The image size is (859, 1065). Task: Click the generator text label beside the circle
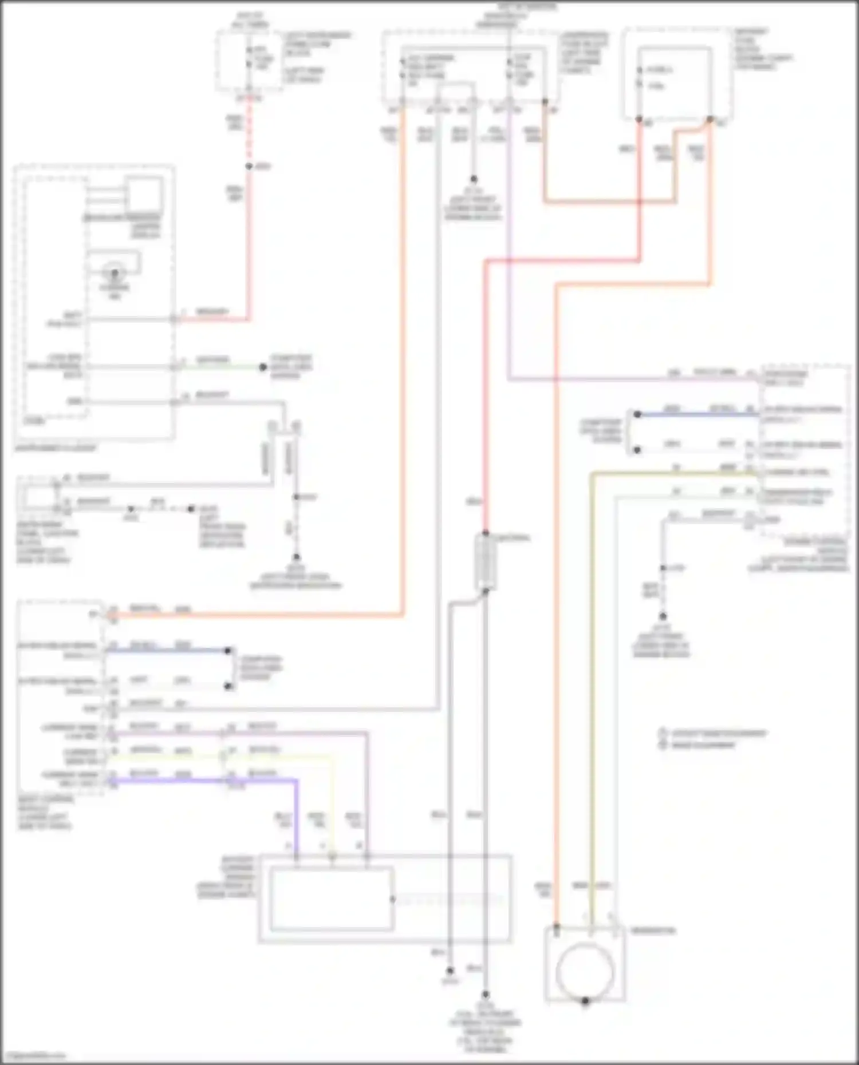[653, 931]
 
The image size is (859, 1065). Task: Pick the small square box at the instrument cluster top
[144, 195]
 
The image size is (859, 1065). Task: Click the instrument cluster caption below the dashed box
[56, 448]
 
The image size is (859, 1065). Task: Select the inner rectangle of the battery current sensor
[332, 899]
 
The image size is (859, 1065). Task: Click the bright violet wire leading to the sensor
[258, 780]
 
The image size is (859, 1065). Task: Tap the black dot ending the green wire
[263, 367]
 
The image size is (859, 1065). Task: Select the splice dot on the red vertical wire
[249, 167]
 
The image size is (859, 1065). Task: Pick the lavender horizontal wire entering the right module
[630, 379]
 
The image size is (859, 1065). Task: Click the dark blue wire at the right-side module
[699, 414]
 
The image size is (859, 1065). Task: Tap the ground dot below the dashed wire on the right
[663, 616]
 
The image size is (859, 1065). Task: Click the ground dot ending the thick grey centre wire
[486, 995]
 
